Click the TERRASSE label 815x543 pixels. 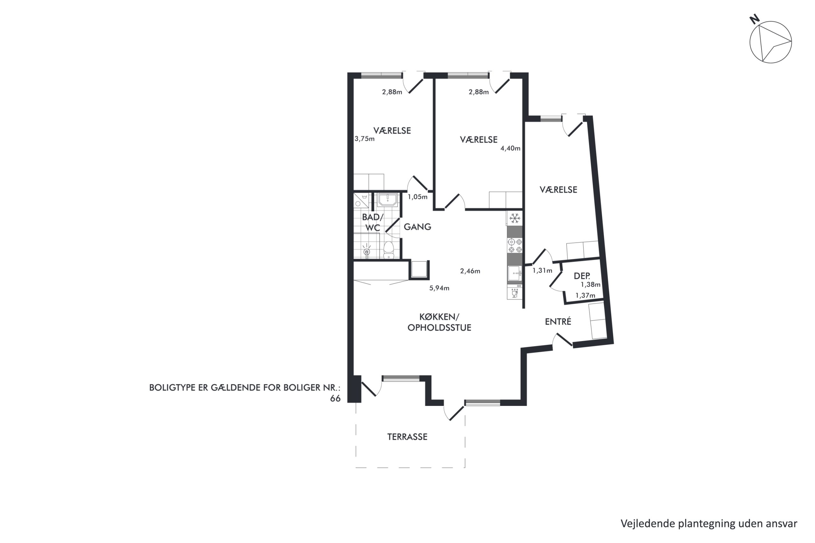[x=407, y=437]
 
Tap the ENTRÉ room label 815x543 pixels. [x=558, y=321]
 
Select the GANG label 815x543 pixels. [x=418, y=227]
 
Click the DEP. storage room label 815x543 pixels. [x=582, y=276]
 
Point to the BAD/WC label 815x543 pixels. [x=373, y=223]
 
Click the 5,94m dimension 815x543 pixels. [x=439, y=288]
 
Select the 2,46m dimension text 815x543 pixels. [x=470, y=271]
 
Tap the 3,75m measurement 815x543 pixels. [x=365, y=139]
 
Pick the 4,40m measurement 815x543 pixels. [x=510, y=148]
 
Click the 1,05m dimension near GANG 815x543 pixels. [x=418, y=197]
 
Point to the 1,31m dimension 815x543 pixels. [x=542, y=270]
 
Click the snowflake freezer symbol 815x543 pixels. [x=515, y=219]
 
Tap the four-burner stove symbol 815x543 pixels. [x=515, y=246]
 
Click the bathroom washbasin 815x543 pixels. [x=387, y=200]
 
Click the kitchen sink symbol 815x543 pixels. [x=515, y=274]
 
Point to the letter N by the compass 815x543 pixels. [x=755, y=19]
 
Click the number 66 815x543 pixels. [x=335, y=399]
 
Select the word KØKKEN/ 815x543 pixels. [x=439, y=317]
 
